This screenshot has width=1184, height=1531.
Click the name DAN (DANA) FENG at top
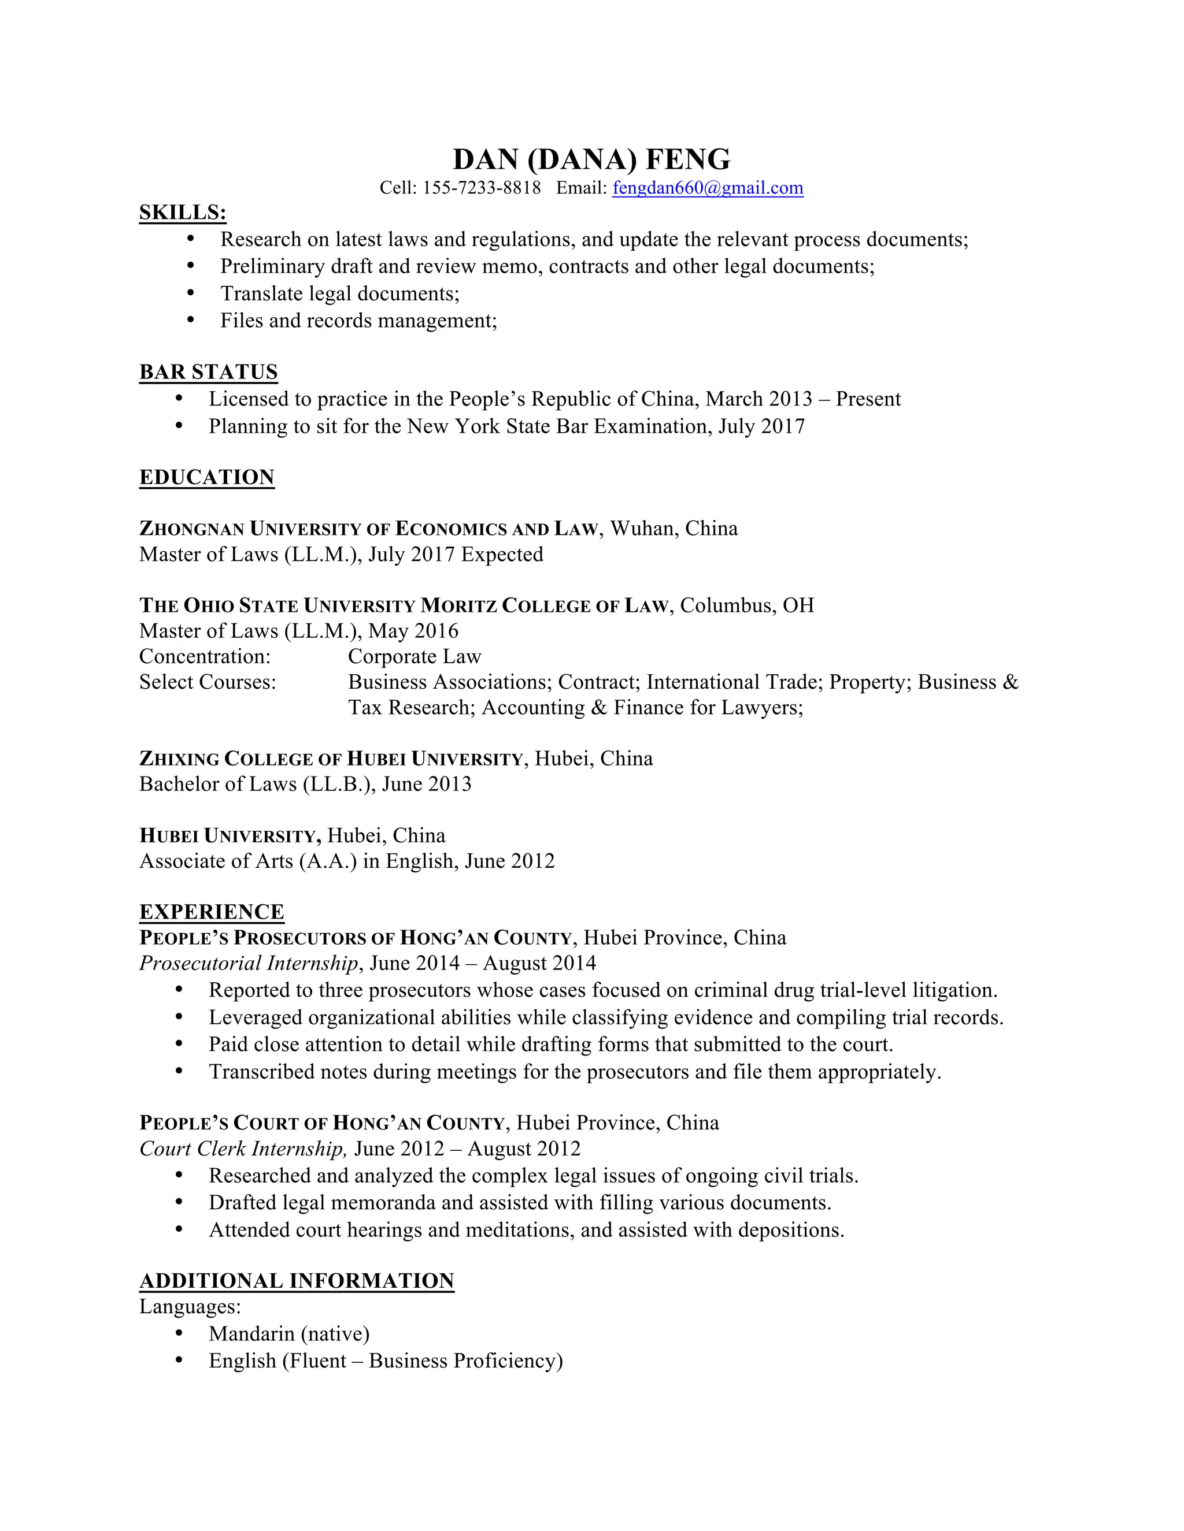[591, 160]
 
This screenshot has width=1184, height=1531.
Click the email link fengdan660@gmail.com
[707, 188]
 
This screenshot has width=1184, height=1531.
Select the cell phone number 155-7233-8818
[481, 188]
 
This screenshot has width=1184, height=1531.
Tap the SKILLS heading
[182, 213]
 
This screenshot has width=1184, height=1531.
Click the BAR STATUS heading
[208, 372]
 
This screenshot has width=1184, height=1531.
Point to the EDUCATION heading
[207, 477]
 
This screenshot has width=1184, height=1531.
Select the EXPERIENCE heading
[211, 912]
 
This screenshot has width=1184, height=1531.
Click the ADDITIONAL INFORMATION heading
[297, 1281]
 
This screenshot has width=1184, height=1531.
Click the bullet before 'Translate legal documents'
[191, 293]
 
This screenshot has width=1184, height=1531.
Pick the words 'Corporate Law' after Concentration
[415, 657]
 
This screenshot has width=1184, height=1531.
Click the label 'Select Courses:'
[208, 682]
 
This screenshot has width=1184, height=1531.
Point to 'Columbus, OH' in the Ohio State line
[746, 605]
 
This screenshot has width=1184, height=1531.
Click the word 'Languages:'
[190, 1307]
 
